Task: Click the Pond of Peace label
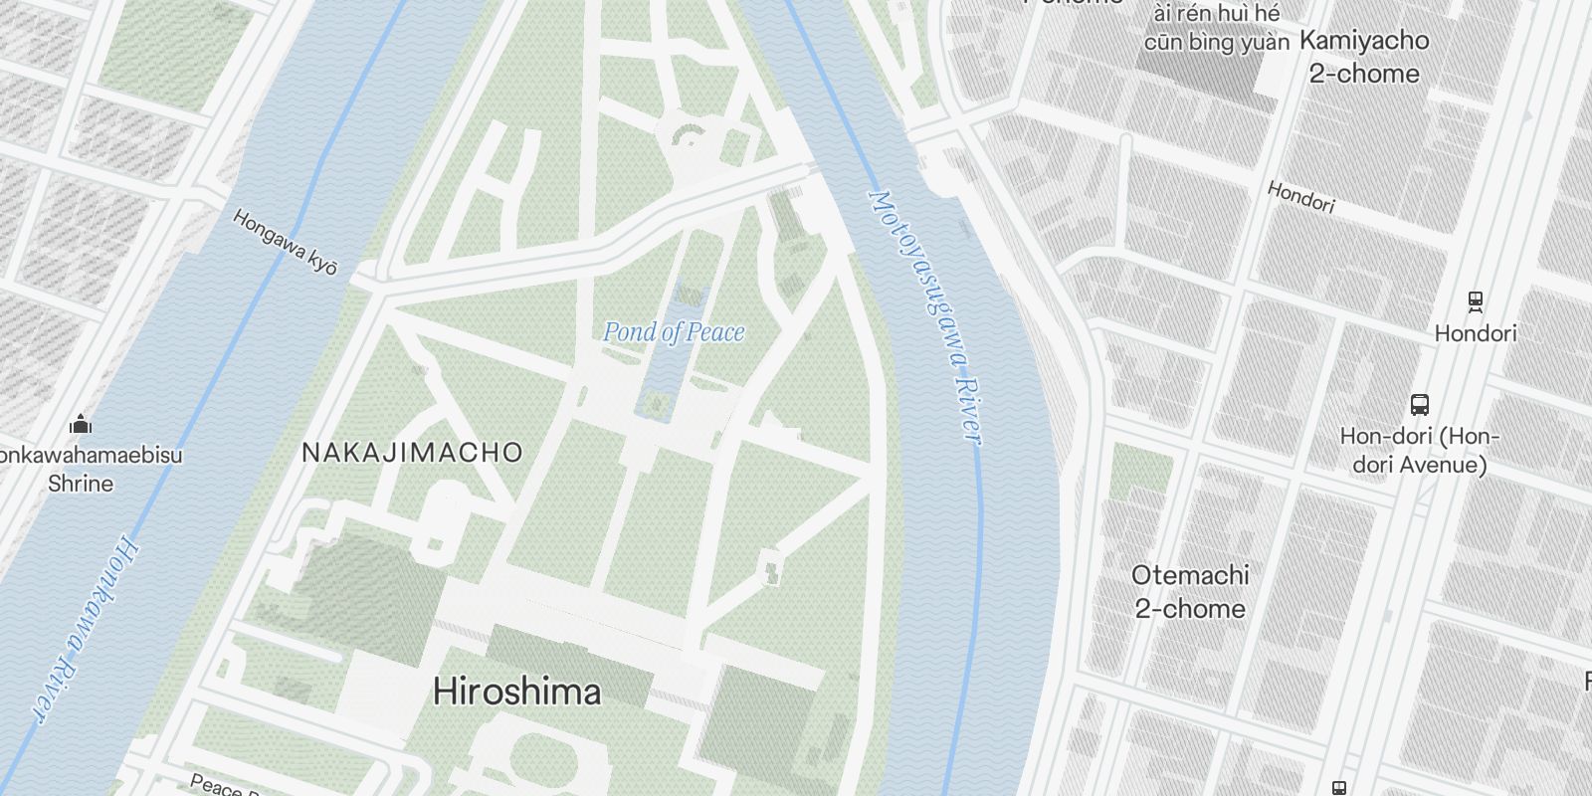coord(674,331)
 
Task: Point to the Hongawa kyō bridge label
coord(286,242)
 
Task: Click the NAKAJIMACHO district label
coord(412,453)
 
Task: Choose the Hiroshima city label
coord(516,692)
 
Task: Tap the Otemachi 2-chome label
coord(1190,592)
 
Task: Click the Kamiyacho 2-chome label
coord(1363,57)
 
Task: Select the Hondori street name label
coord(1300,197)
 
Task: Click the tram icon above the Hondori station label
coord(1476,300)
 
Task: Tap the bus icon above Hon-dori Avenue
coord(1420,405)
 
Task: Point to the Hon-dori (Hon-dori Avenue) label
coord(1419,451)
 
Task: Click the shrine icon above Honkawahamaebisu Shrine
coord(81,425)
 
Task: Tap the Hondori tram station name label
coord(1476,333)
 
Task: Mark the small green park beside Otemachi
coord(1140,472)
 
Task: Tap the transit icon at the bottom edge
coord(1339,788)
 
